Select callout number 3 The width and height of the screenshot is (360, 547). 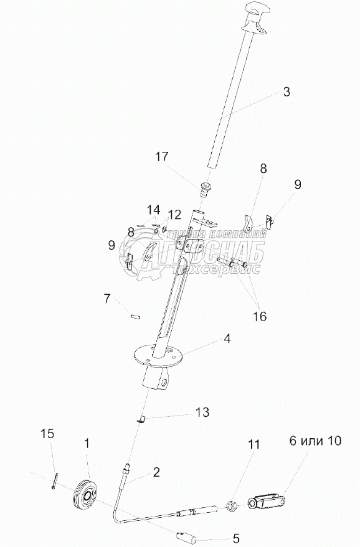click(287, 91)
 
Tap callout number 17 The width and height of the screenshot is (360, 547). click(162, 157)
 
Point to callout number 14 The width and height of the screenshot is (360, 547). click(153, 210)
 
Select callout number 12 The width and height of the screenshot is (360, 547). click(175, 215)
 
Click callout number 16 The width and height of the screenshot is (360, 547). click(260, 316)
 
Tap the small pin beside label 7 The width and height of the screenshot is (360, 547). click(135, 317)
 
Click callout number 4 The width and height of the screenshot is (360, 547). click(227, 339)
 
